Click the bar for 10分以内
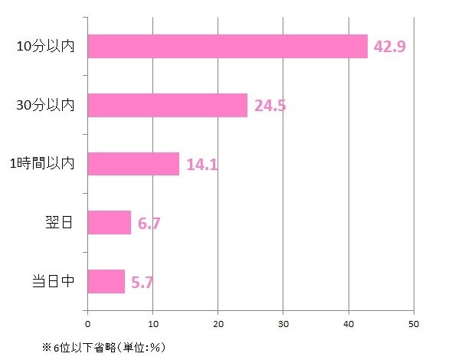tap(227, 47)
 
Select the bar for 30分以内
tap(168, 105)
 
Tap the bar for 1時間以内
tap(133, 164)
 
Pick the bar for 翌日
tap(109, 222)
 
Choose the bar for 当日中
tap(106, 281)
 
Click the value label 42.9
tap(389, 47)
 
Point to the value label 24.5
tap(270, 105)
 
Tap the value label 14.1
tap(202, 164)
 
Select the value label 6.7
tap(149, 223)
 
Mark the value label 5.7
tap(142, 283)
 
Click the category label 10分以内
tap(45, 46)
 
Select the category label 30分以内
tap(45, 105)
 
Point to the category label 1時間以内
tap(42, 164)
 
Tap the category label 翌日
tap(59, 222)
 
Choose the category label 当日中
tap(53, 281)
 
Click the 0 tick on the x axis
tap(87, 324)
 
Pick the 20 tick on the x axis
tap(218, 324)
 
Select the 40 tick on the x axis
tap(349, 324)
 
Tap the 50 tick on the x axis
tap(414, 324)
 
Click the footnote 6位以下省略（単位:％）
tap(110, 347)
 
